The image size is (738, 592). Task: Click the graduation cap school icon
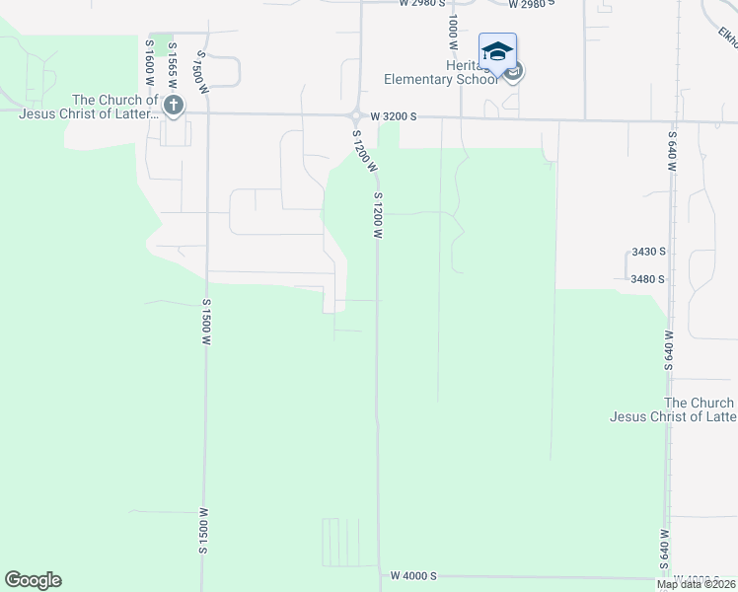coord(497,50)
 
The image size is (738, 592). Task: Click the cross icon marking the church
coord(174,106)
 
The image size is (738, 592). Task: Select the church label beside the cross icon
coord(114,107)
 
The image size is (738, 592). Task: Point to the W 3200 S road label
coord(395,116)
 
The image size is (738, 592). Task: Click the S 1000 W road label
coord(452,32)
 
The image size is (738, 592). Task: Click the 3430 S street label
coord(647,252)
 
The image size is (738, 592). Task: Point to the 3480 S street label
coord(647,279)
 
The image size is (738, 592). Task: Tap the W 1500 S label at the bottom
coord(204,530)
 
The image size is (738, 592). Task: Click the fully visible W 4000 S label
coord(412,575)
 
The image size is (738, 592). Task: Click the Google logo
coord(33,580)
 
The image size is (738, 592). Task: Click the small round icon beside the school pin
coord(514,71)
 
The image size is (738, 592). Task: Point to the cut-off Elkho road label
coord(728,36)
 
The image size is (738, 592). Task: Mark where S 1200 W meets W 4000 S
coord(380,576)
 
